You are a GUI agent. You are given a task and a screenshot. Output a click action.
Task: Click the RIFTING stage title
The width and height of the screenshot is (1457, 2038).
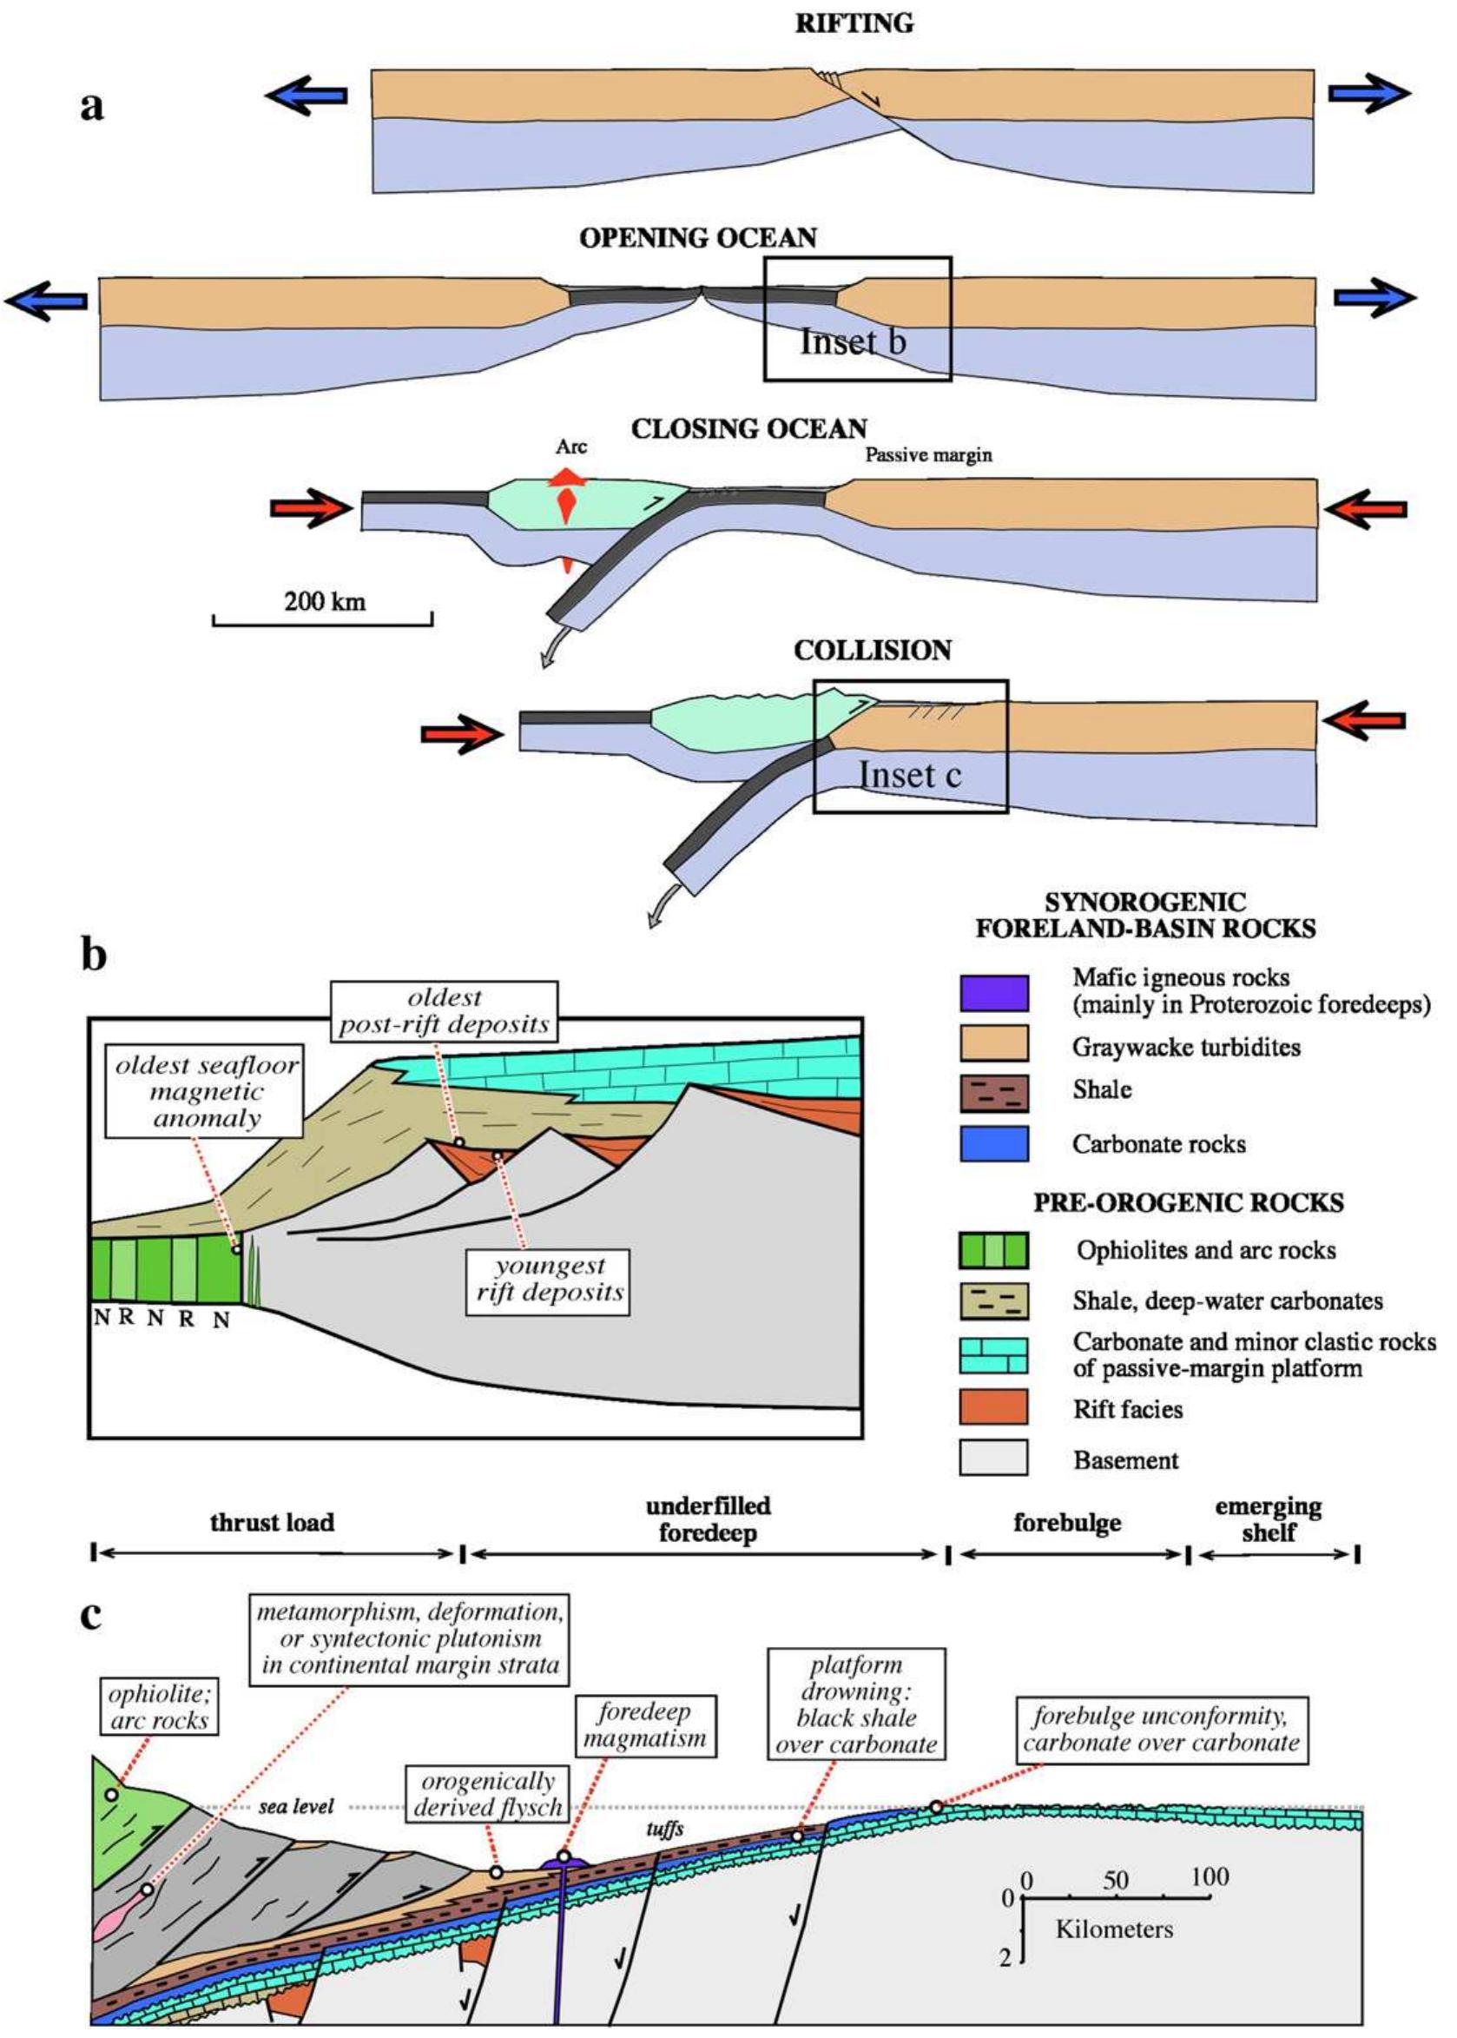click(x=854, y=24)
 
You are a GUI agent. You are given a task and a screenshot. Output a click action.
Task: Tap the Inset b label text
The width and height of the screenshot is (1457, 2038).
click(x=853, y=341)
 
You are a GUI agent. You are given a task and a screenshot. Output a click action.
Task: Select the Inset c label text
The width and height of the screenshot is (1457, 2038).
click(x=910, y=775)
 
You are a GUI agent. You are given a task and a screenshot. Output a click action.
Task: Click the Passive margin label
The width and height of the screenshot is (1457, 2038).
click(x=927, y=455)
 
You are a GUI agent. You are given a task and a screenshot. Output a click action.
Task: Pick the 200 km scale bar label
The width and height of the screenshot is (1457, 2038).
click(x=325, y=600)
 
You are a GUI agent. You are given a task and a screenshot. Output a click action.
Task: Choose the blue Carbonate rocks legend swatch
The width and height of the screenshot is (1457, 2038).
click(x=993, y=1143)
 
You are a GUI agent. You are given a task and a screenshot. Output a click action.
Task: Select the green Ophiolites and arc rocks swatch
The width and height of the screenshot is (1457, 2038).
click(x=993, y=1250)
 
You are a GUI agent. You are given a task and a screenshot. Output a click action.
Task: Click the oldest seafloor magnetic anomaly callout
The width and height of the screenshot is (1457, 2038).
click(x=206, y=1092)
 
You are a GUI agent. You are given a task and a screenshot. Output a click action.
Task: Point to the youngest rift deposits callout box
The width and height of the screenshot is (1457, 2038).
click(x=547, y=1280)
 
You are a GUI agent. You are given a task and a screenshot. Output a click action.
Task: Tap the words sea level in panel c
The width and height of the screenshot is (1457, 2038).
click(x=296, y=1805)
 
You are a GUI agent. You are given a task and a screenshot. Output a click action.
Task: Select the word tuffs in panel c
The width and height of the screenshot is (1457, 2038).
click(x=665, y=1829)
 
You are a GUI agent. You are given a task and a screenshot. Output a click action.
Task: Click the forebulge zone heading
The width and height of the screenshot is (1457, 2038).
click(x=1067, y=1522)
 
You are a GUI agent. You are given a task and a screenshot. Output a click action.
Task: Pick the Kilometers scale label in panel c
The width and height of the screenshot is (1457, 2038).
click(x=1113, y=1929)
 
